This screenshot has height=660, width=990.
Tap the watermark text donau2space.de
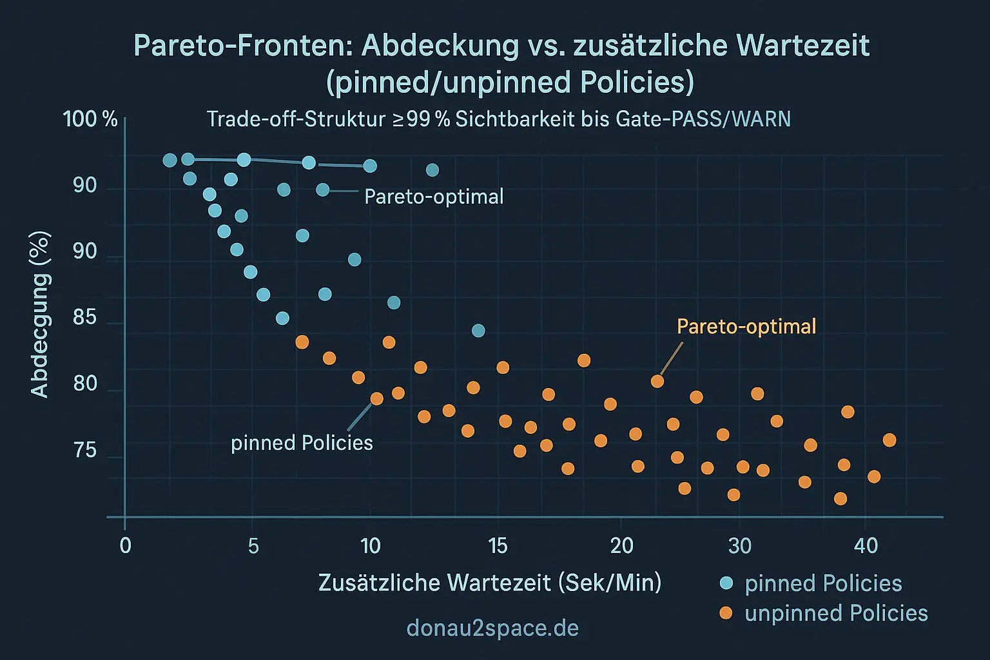(x=492, y=628)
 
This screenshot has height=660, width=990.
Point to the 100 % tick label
(x=90, y=119)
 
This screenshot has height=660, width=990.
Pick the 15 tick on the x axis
(x=498, y=547)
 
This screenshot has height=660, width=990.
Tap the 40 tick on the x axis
(x=866, y=547)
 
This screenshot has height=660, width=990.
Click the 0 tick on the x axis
(x=125, y=547)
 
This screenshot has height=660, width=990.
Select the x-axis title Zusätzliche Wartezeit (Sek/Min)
(x=490, y=583)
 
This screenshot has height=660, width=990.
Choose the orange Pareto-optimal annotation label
(x=746, y=327)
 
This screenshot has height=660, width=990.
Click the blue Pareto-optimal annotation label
(x=434, y=197)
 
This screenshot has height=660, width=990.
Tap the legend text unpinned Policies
(x=836, y=613)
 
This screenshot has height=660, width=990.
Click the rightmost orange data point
(x=889, y=440)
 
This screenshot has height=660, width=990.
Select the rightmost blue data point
(x=478, y=331)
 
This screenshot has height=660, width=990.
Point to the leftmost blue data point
(x=170, y=160)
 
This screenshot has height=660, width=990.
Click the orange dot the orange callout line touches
(x=657, y=382)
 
